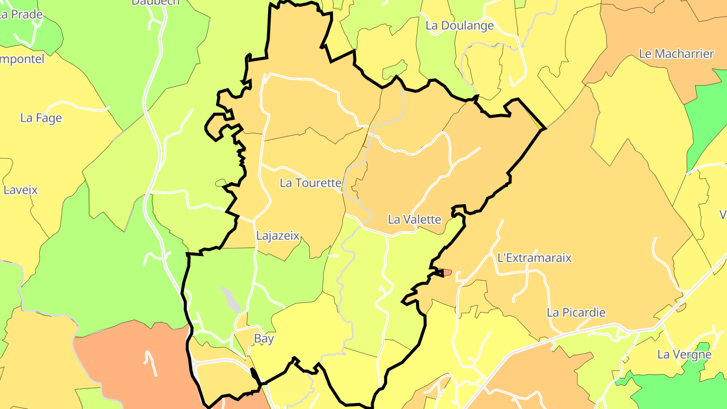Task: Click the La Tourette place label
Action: (310, 183)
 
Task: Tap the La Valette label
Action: (414, 220)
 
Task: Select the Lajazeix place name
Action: (278, 236)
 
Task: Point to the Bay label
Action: (264, 339)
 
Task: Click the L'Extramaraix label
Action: (534, 258)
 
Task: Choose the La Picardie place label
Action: (576, 313)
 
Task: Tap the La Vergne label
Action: (684, 354)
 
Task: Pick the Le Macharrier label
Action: (677, 54)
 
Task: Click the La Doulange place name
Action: (459, 26)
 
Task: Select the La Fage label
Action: (41, 118)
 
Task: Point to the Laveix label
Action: (21, 190)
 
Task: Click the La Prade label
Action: (21, 14)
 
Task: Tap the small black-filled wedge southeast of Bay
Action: (255, 376)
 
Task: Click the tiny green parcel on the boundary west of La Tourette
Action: (221, 182)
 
